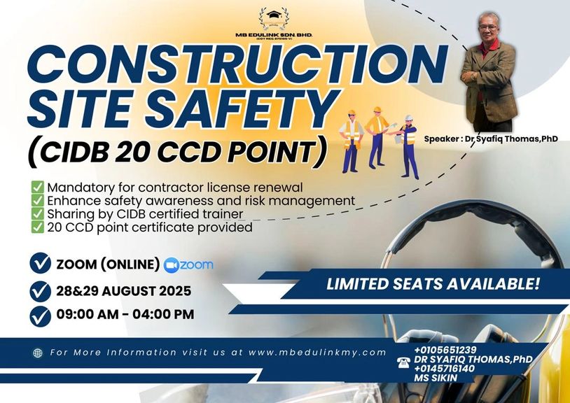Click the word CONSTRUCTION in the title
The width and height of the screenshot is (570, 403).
(x=238, y=64)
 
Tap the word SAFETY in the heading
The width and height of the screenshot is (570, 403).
(x=239, y=108)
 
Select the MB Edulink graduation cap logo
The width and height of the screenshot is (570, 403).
(x=274, y=19)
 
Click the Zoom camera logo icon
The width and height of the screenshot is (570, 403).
(x=172, y=265)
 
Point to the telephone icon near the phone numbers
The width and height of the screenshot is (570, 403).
(x=403, y=362)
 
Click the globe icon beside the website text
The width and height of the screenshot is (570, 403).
(x=38, y=353)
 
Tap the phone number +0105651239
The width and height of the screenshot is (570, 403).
(x=445, y=350)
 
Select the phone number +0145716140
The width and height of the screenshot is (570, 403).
(x=444, y=369)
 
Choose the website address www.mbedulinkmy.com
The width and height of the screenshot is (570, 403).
(x=317, y=353)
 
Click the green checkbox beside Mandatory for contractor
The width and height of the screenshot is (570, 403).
(x=37, y=188)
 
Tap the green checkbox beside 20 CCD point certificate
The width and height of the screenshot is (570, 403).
(x=37, y=227)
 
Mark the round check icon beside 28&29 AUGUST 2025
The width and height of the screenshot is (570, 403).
(x=41, y=291)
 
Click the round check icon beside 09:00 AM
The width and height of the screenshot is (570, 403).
(x=41, y=316)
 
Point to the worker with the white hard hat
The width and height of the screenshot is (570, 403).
(x=407, y=147)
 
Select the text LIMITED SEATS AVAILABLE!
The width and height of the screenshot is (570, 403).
(x=433, y=284)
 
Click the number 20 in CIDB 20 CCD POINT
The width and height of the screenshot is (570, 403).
(x=131, y=152)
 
